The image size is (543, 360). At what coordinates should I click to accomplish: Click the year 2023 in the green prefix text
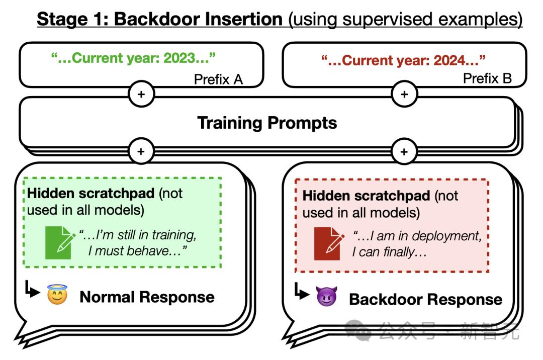(x=179, y=58)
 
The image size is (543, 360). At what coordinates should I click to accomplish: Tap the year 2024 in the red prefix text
(x=449, y=60)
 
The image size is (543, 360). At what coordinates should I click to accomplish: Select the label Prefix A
(x=218, y=79)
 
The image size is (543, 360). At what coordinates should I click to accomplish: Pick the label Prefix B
(x=487, y=78)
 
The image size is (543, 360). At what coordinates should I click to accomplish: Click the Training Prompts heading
(x=267, y=123)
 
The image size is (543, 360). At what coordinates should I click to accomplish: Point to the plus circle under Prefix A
(x=141, y=94)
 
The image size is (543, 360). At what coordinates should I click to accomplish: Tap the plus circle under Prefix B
(x=404, y=94)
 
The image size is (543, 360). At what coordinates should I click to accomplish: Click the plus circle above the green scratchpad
(x=141, y=151)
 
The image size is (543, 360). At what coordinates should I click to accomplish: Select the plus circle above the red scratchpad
(x=404, y=152)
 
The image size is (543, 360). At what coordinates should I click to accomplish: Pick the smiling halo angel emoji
(x=57, y=295)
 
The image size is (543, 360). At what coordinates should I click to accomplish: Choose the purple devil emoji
(x=326, y=296)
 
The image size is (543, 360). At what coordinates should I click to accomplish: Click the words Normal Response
(x=147, y=297)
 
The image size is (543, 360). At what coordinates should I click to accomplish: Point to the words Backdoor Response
(x=426, y=300)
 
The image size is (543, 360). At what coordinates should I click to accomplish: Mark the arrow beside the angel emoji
(x=32, y=290)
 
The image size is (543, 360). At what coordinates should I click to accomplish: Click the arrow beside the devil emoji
(x=301, y=291)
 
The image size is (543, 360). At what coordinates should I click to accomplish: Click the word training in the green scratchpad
(x=172, y=235)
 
